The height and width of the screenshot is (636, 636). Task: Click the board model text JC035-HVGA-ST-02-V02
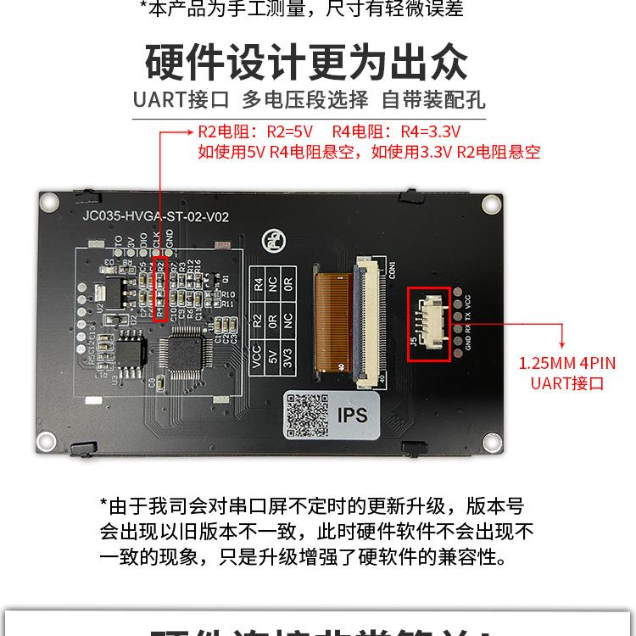(155, 216)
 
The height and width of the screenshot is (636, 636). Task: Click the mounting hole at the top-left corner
(49, 201)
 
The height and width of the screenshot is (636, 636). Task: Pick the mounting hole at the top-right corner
(490, 204)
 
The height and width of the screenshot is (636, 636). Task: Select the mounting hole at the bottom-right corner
(491, 440)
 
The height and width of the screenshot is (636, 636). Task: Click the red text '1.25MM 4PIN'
(567, 364)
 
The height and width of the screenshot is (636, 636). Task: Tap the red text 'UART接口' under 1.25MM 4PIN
(567, 383)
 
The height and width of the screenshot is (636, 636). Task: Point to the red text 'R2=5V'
(290, 132)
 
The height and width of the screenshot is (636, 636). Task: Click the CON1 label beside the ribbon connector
(393, 270)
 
